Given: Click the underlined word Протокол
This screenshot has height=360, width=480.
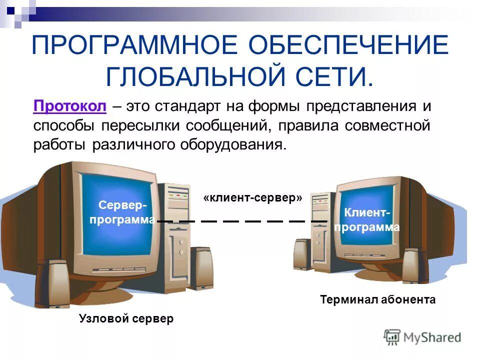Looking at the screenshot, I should tap(69, 106).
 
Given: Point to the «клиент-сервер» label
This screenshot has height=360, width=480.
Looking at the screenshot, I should tap(253, 197).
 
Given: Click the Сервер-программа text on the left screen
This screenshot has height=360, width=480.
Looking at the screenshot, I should tap(123, 212).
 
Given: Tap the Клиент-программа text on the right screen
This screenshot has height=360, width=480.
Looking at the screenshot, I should tap(367, 220).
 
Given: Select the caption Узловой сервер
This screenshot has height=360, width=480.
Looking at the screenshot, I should tap(126, 318).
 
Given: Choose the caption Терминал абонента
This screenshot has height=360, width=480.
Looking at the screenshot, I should tap(377, 299).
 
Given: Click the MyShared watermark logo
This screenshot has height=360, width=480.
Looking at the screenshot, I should tap(422, 337).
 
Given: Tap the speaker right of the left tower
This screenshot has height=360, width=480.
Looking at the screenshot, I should tap(202, 267).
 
